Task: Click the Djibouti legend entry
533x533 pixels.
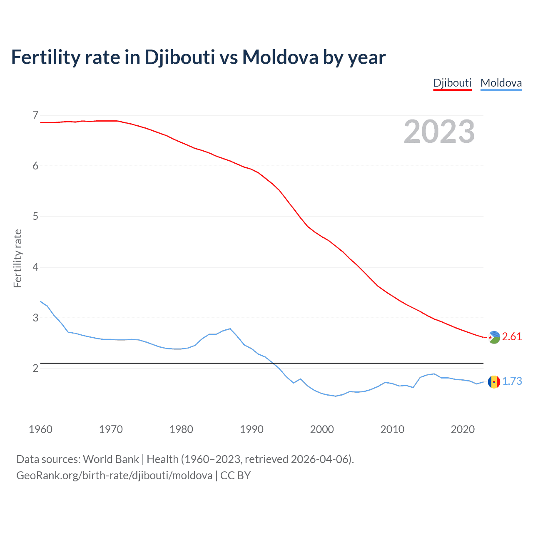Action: tap(452, 83)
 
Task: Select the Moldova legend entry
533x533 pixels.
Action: tap(501, 83)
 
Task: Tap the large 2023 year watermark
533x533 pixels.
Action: tap(439, 132)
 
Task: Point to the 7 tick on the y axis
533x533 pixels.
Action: tap(35, 115)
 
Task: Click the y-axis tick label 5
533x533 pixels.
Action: tap(35, 216)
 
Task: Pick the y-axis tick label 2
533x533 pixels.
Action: tap(35, 368)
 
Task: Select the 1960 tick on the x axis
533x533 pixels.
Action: tap(40, 429)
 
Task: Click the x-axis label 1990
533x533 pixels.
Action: tap(252, 429)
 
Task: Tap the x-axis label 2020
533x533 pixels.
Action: tap(463, 429)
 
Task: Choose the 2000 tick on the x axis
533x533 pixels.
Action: tap(322, 429)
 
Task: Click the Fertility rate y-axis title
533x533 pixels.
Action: tap(17, 258)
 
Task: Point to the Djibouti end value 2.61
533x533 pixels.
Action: tap(512, 337)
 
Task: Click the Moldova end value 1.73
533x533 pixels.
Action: tap(512, 381)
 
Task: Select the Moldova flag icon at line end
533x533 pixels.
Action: tap(494, 382)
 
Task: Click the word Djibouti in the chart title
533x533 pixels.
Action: tap(179, 57)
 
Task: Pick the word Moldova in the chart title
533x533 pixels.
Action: tap(280, 57)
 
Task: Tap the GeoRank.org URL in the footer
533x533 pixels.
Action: tap(114, 476)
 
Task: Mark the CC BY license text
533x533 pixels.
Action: tap(235, 476)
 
